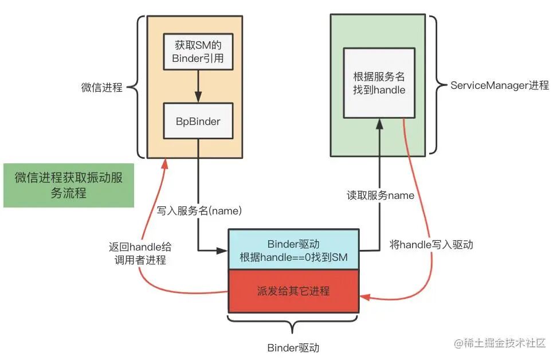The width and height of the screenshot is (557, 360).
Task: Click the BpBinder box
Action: coord(198,121)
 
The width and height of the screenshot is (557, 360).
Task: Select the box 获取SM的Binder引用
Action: coord(198,51)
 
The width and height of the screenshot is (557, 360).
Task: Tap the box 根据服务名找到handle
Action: coord(379,83)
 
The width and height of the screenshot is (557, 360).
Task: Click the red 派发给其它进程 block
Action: coord(293,291)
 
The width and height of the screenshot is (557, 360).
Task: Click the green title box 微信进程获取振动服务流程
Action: coord(69,185)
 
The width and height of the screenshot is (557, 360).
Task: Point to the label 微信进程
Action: coord(101,87)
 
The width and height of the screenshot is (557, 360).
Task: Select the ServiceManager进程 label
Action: coord(499,85)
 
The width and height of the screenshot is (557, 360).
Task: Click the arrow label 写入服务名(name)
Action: coord(199,210)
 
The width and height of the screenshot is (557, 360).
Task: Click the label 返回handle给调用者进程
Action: coord(140,253)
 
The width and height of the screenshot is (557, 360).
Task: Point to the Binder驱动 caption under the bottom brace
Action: coord(293,348)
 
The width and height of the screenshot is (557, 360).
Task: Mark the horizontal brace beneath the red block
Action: coord(293,324)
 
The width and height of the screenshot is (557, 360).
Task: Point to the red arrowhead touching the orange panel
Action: coord(166,163)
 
